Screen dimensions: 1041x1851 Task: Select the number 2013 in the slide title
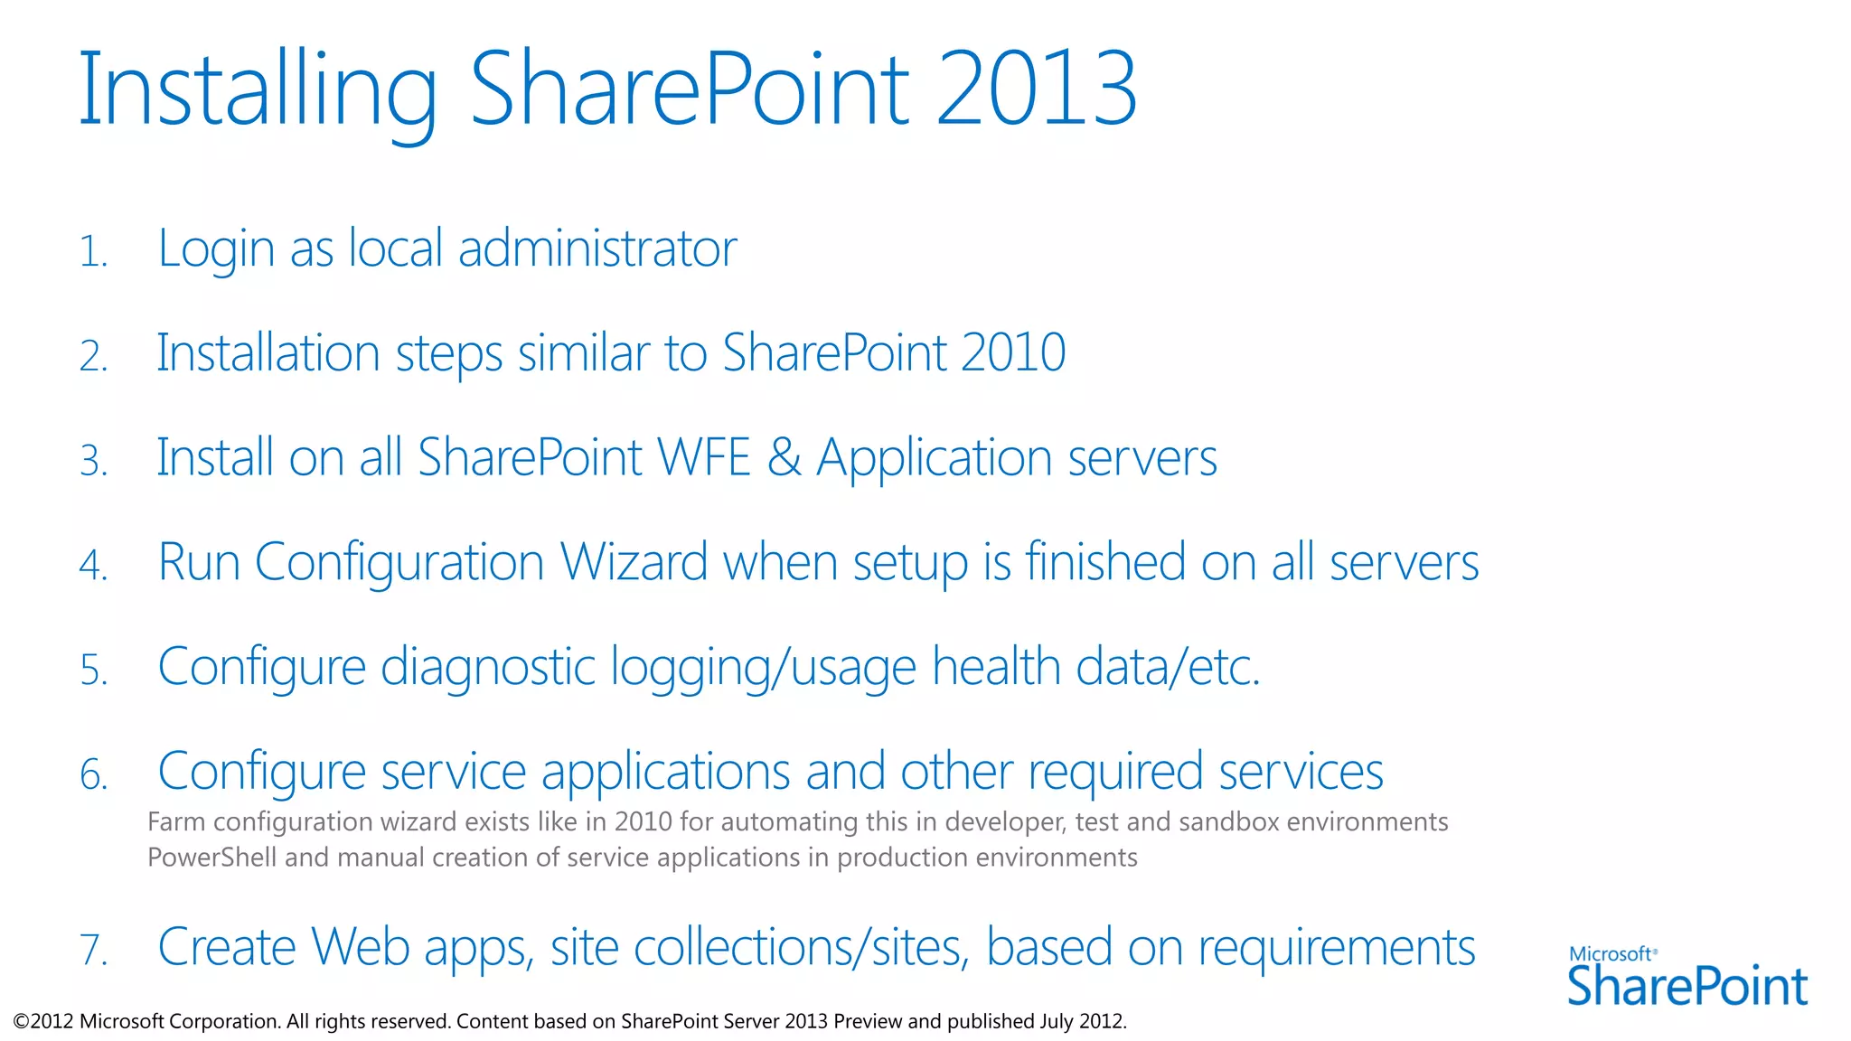1036,89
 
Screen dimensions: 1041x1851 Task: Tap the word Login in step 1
216,249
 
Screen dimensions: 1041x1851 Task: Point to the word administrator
597,249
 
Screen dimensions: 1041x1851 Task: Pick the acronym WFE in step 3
704,457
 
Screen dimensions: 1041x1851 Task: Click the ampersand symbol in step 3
784,457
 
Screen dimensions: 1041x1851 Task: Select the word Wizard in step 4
634,562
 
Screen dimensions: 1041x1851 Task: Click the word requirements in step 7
1336,949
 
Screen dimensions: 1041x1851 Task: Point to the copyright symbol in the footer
21,1022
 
